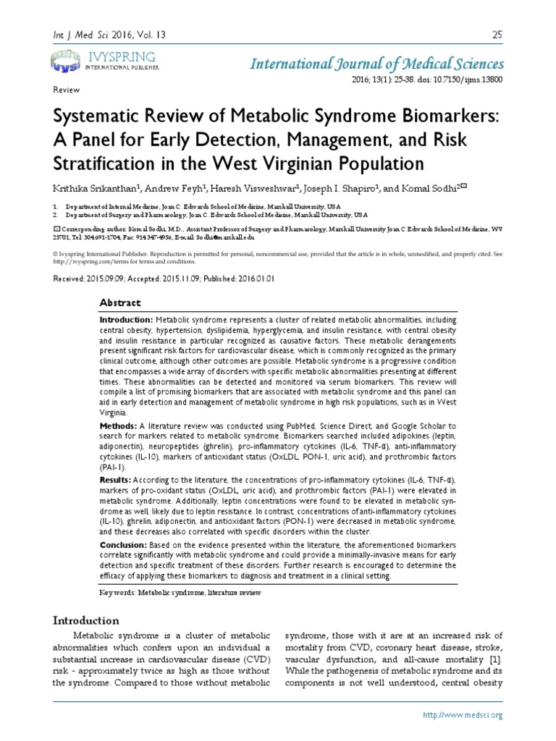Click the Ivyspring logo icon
coord(66,60)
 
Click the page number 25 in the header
coord(497,34)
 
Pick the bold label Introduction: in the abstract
coord(126,320)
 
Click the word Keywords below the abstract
coord(117,593)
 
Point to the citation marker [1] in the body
coord(494,661)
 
